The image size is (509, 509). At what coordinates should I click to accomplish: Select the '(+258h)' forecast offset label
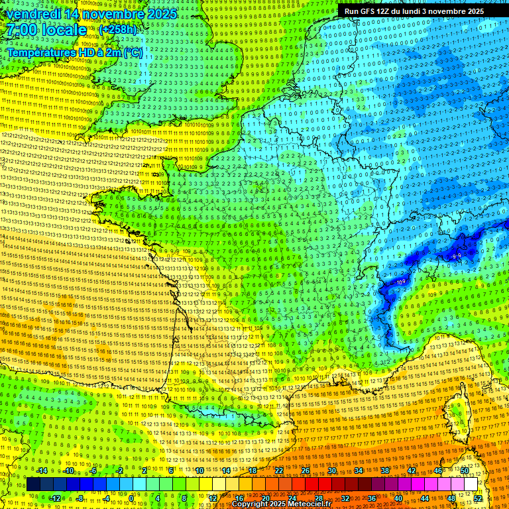coord(118,30)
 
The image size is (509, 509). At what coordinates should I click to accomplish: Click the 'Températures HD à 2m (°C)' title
coord(74,52)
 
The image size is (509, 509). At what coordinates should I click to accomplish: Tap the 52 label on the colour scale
coord(478,498)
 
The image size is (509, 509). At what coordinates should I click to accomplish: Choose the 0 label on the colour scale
coord(131,498)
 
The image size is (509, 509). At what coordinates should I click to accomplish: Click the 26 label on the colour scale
coord(306,471)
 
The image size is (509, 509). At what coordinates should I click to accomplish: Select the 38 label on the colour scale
coord(385,471)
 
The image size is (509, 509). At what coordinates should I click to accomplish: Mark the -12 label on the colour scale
coord(55,498)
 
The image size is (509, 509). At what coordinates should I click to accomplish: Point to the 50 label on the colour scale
coord(465,471)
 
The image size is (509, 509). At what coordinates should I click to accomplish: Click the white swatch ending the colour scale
coord(471,484)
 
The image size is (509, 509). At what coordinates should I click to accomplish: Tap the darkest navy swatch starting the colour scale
coord(33,484)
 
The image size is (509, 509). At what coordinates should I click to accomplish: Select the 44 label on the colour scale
coord(425,498)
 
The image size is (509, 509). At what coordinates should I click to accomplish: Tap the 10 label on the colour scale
coord(199,471)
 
